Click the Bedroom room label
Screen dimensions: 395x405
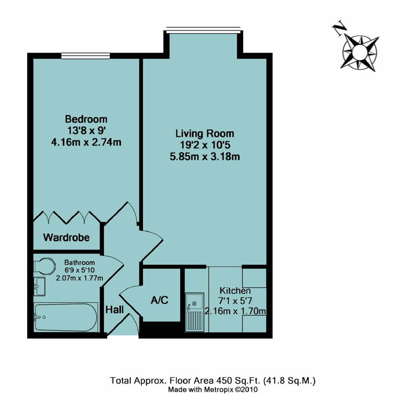(x=86, y=119)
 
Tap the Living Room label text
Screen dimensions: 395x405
(x=205, y=133)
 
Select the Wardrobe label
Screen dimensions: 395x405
(x=66, y=238)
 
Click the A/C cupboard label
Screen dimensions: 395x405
(x=160, y=300)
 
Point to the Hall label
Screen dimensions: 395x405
(x=114, y=309)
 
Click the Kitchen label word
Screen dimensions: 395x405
(x=235, y=291)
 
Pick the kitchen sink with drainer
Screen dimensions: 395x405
(x=194, y=312)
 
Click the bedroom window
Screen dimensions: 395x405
(x=86, y=56)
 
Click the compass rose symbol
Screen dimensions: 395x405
(x=360, y=52)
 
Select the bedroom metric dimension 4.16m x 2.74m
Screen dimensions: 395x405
(x=86, y=142)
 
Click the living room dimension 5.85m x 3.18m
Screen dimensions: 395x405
(x=205, y=157)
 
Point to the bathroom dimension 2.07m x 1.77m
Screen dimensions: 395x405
(x=79, y=278)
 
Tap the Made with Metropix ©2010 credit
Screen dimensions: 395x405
(x=213, y=390)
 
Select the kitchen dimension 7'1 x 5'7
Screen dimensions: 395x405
(x=235, y=301)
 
